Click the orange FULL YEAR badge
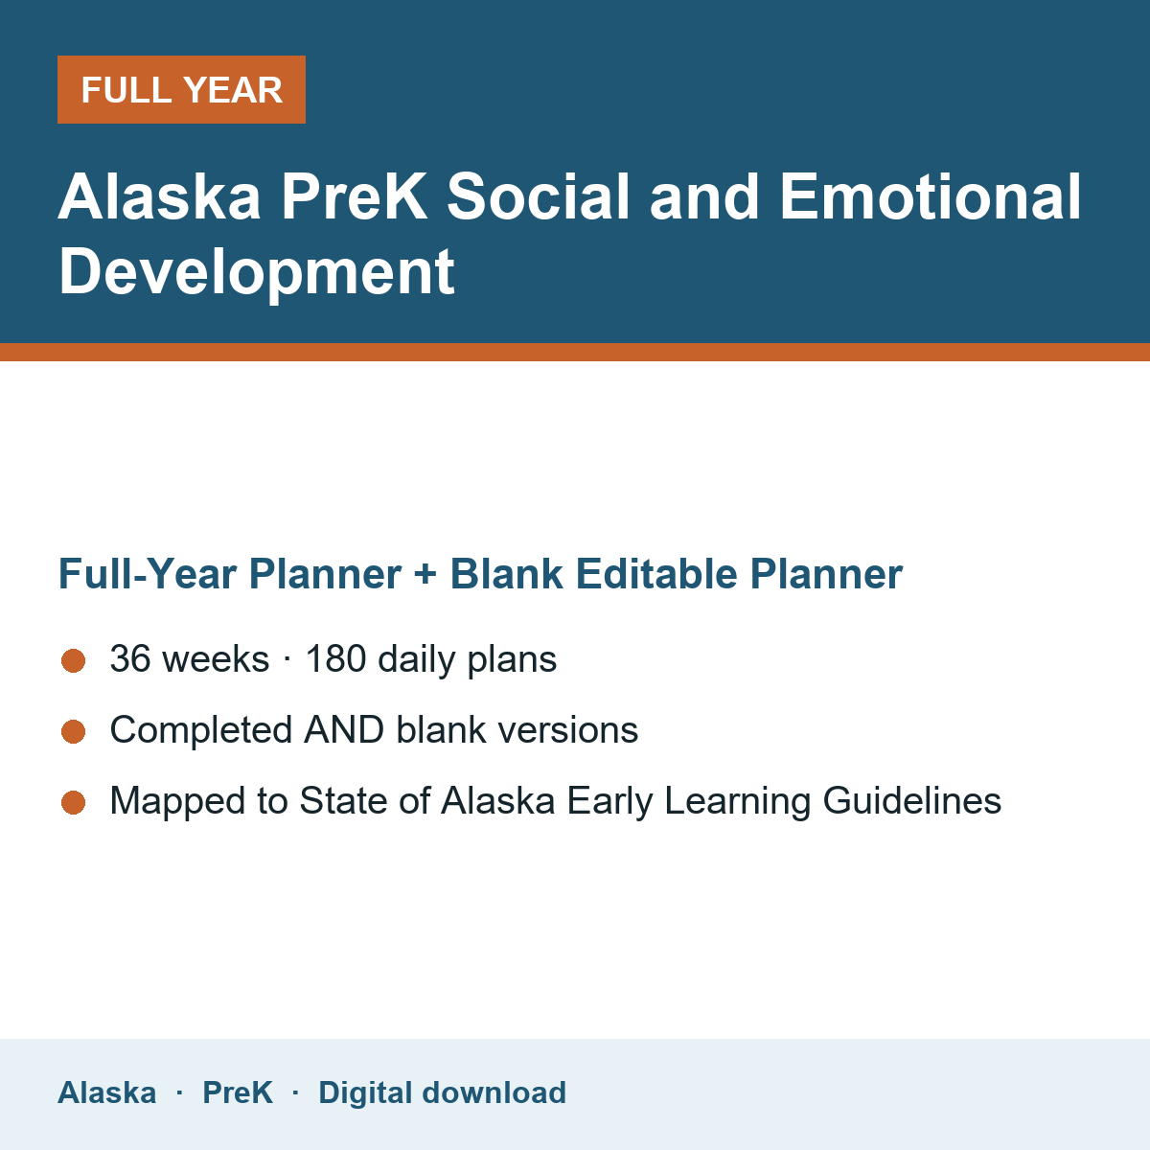click(181, 89)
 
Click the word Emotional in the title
click(931, 196)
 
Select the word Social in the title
click(538, 196)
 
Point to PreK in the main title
click(354, 196)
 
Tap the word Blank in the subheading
click(506, 574)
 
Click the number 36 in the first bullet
click(130, 658)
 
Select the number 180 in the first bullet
click(335, 658)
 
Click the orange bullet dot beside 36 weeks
click(74, 660)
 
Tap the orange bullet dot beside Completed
click(74, 731)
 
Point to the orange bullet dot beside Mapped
click(74, 803)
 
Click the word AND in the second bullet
click(344, 730)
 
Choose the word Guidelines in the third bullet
click(912, 800)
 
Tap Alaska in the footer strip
click(106, 1092)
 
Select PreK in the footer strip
click(238, 1092)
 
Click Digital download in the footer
click(442, 1093)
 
